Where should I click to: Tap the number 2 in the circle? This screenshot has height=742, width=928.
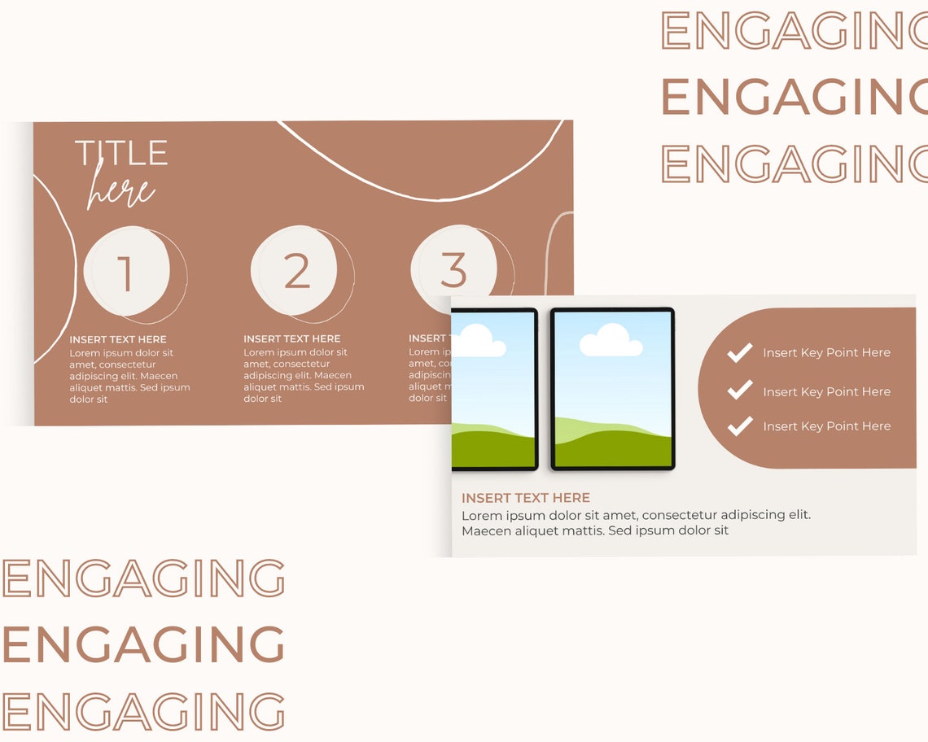[x=297, y=271]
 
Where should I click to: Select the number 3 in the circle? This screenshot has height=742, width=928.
[x=453, y=269]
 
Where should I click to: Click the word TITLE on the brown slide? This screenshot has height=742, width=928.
[x=121, y=153]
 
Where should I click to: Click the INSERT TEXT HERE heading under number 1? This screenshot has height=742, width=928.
[x=118, y=339]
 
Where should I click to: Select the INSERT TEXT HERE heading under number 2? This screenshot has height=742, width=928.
[x=292, y=338]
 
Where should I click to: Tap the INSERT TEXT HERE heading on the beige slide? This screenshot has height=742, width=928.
[x=526, y=498]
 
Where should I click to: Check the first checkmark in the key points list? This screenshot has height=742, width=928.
[x=739, y=352]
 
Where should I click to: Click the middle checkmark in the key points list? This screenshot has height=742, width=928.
[x=739, y=391]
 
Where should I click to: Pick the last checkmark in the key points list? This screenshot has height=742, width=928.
[x=739, y=426]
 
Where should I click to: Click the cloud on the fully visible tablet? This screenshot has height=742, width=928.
[x=611, y=340]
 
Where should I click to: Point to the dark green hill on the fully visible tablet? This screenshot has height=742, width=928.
[x=612, y=450]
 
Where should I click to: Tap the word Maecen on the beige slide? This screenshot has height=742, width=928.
[x=486, y=531]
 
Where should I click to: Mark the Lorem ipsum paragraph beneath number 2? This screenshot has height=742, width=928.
[x=303, y=376]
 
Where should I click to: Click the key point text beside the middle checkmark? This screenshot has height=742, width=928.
[x=826, y=391]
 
